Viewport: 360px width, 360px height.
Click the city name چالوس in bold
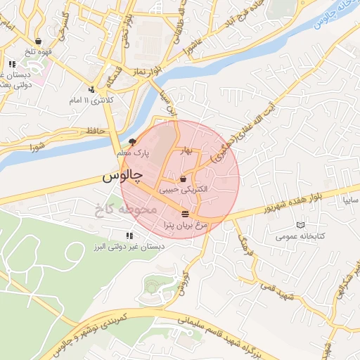(x=122, y=176)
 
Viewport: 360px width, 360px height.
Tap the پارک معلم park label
(x=134, y=153)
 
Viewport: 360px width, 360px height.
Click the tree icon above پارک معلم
(x=133, y=142)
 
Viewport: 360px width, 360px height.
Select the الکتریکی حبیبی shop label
(x=184, y=189)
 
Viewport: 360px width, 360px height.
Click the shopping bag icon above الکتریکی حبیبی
(x=184, y=179)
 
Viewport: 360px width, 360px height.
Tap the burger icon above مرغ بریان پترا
(x=184, y=213)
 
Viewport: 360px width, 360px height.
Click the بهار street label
(x=186, y=150)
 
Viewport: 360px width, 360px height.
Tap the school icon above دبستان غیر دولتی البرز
(x=129, y=236)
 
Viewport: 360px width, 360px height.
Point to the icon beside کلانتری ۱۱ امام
(x=92, y=89)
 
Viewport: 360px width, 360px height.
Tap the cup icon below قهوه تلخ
(x=47, y=41)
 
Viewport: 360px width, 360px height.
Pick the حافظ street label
(x=95, y=131)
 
